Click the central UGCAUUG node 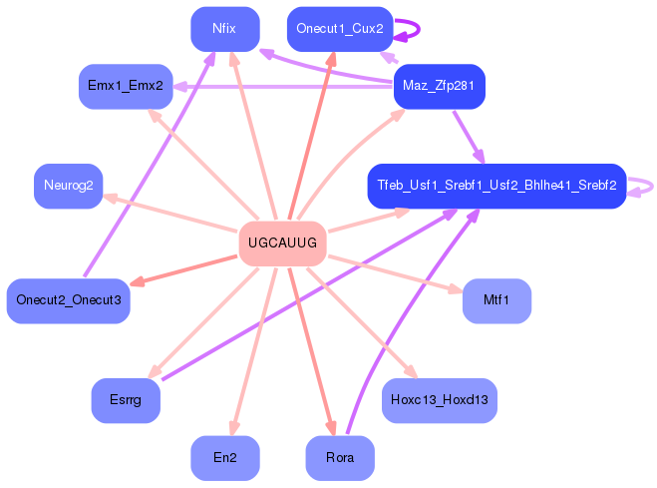tap(283, 244)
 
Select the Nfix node tap(224, 29)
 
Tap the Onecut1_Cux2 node tap(339, 29)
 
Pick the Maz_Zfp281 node tap(439, 87)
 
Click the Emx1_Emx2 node tap(126, 87)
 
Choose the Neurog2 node tap(69, 186)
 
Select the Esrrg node tap(126, 400)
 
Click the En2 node tap(225, 458)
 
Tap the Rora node tap(339, 458)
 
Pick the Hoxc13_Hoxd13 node tap(439, 400)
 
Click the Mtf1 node tap(496, 301)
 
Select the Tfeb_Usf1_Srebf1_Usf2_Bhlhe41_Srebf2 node tap(496, 186)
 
